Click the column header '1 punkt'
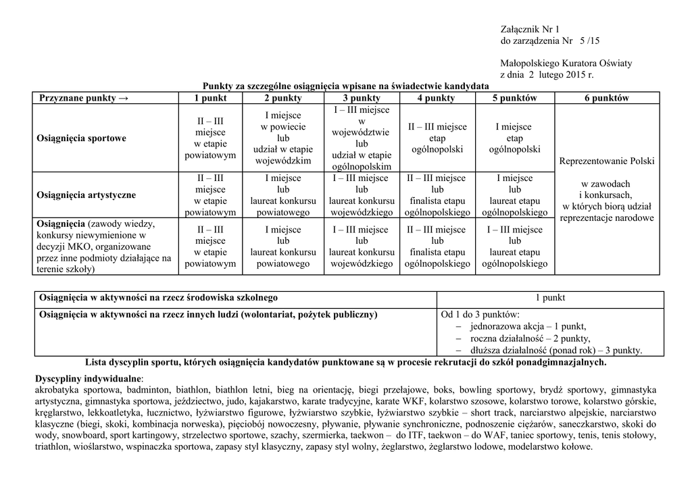(210, 98)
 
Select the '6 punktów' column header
(607, 98)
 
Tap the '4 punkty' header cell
(436, 98)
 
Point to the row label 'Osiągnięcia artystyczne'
(87, 195)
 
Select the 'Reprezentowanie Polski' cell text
(607, 161)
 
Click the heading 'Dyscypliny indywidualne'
(89, 378)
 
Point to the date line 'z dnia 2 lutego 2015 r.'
(547, 75)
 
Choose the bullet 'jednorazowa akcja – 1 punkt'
(528, 326)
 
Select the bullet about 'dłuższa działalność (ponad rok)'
(555, 350)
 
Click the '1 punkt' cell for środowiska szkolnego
(550, 297)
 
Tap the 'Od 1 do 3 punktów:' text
(480, 314)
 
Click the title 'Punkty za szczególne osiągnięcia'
(345, 86)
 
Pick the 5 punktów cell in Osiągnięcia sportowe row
(514, 138)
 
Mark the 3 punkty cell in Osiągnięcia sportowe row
(362, 138)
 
